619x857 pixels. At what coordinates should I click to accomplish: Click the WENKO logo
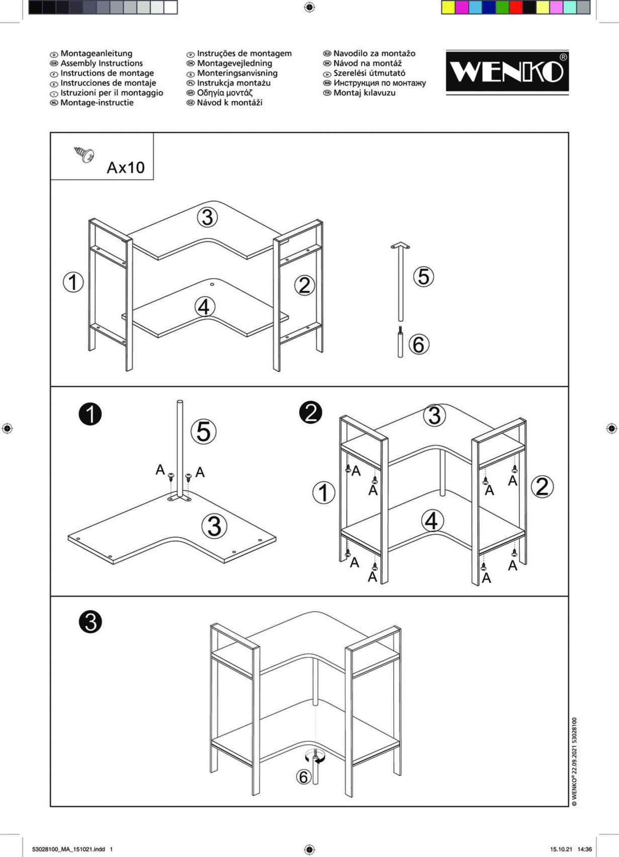[x=507, y=72]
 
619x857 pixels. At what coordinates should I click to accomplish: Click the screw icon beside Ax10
[x=84, y=154]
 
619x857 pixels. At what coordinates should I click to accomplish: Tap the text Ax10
[x=126, y=167]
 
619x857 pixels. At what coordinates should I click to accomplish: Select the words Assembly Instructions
[x=102, y=63]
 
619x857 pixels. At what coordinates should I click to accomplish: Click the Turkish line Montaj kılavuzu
[x=364, y=93]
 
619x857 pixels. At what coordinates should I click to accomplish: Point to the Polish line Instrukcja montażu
[x=233, y=83]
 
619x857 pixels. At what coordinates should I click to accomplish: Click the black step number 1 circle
[x=91, y=414]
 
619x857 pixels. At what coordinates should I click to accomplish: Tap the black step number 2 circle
[x=310, y=412]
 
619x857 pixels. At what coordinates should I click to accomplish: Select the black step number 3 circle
[x=91, y=622]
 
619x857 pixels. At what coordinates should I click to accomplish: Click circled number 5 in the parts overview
[x=423, y=276]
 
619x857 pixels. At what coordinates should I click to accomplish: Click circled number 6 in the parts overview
[x=419, y=345]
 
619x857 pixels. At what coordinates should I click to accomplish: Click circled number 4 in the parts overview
[x=204, y=306]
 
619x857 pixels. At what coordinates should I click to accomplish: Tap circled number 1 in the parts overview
[x=73, y=282]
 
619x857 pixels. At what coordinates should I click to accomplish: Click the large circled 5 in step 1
[x=204, y=432]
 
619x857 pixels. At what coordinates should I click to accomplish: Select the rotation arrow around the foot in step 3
[x=316, y=758]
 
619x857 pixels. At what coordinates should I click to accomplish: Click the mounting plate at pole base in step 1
[x=180, y=499]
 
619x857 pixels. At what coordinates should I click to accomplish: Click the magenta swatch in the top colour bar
[x=462, y=8]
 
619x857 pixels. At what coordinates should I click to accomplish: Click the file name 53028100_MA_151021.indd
[x=68, y=849]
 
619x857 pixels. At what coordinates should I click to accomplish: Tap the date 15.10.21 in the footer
[x=561, y=849]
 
